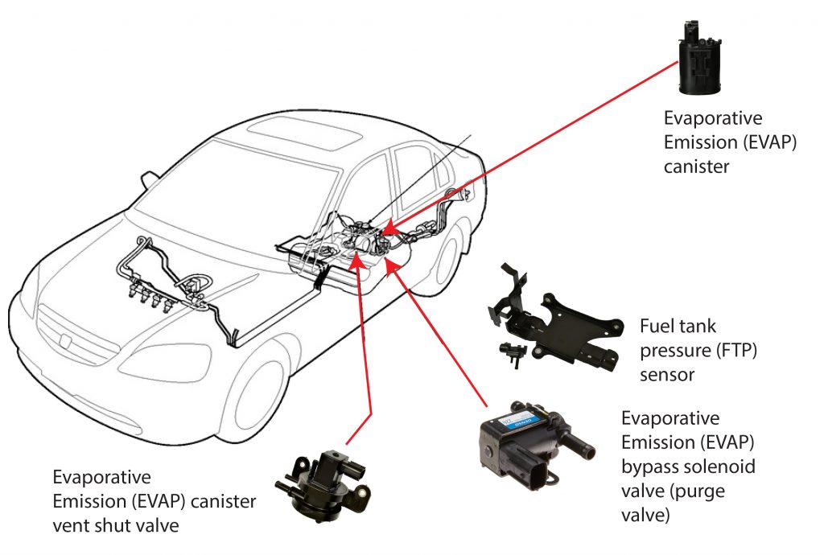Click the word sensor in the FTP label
(662, 376)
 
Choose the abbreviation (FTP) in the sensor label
(734, 351)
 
